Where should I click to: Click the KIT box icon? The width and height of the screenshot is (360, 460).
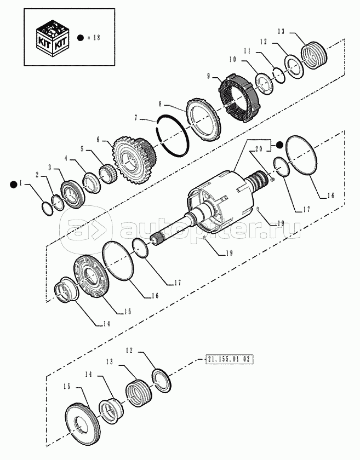[x=53, y=38]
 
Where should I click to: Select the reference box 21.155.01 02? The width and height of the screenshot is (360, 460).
[x=228, y=359]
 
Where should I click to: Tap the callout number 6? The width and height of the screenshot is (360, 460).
[x=98, y=140]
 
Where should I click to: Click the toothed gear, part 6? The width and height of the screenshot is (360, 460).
[x=134, y=161]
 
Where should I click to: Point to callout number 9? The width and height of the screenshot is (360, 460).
[x=208, y=77]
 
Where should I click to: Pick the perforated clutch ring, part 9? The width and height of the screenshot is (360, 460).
[x=239, y=100]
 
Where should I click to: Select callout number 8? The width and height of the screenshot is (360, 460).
[x=161, y=104]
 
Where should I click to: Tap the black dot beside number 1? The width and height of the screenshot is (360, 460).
[x=13, y=185]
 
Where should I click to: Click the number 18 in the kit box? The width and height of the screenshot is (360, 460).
[x=96, y=38]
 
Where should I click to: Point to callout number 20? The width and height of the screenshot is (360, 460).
[x=259, y=148]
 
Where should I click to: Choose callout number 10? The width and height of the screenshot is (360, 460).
[x=232, y=60]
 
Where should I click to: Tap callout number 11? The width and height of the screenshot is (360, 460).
[x=247, y=51]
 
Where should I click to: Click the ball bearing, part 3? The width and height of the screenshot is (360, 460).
[x=73, y=195]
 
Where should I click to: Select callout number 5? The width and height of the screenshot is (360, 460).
[x=82, y=149]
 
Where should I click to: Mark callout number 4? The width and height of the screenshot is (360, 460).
[x=66, y=158]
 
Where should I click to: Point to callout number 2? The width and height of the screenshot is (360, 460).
[x=37, y=175]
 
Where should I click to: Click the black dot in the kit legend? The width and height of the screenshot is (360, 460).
[x=81, y=38]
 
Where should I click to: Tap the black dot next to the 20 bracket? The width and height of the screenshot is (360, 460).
[x=279, y=145]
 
